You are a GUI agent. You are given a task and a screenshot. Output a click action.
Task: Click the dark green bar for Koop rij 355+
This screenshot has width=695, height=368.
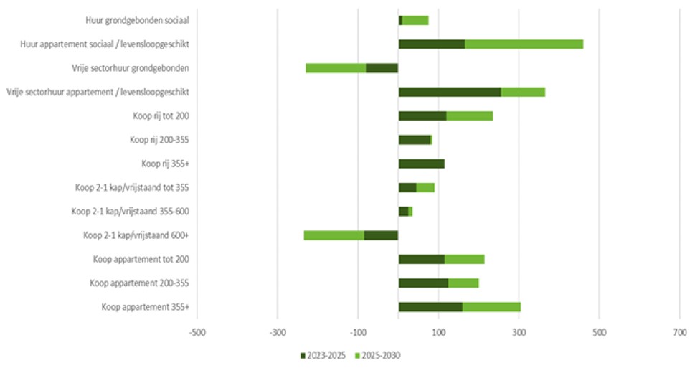421,164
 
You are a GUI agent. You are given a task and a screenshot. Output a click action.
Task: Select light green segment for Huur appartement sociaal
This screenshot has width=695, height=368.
524,44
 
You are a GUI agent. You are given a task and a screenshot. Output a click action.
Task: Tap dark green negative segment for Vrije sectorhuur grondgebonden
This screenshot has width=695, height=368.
382,68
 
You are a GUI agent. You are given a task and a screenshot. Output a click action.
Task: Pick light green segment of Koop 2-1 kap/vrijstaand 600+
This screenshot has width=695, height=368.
334,235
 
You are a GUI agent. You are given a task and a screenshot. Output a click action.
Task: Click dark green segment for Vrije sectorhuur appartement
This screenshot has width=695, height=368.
449,92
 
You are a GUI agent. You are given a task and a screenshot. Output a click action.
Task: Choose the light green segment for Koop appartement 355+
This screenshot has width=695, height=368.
491,307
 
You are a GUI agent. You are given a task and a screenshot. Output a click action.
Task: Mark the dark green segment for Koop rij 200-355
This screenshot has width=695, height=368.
414,140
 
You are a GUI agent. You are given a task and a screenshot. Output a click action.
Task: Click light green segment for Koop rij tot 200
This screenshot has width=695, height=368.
470,116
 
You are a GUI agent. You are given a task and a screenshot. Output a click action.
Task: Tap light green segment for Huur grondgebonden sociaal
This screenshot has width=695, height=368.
415,20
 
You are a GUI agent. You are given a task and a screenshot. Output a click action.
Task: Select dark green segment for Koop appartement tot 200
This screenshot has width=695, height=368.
421,259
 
